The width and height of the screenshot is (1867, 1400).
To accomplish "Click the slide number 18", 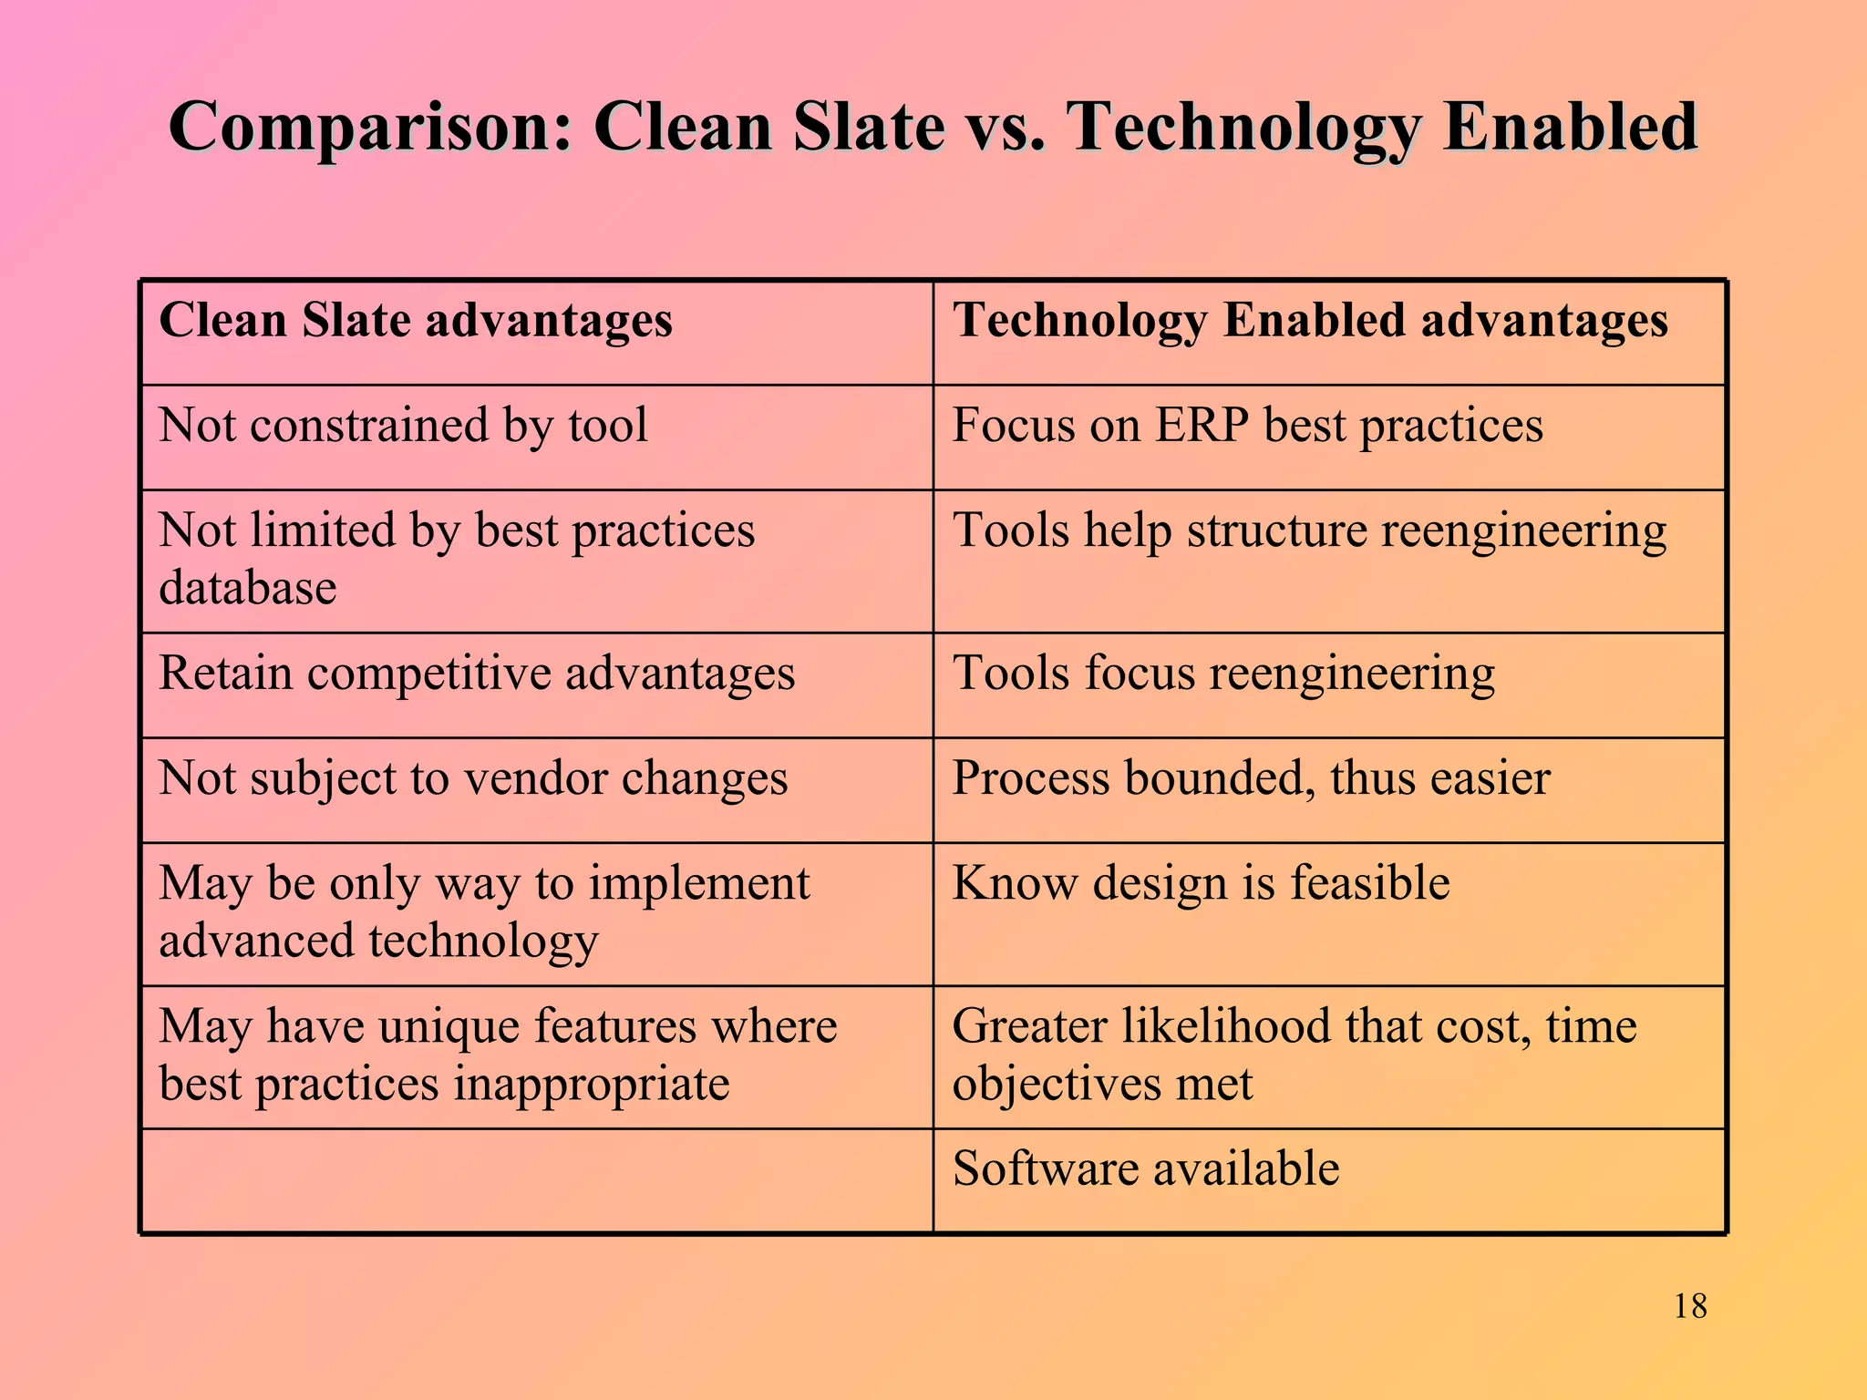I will point(1690,1306).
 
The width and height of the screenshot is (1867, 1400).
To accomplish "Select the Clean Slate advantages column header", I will point(416,321).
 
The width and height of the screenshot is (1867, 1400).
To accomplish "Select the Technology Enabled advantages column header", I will point(1310,321).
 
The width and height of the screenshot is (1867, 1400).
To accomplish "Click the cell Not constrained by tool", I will point(403,426).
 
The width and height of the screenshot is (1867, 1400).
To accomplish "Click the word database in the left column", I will point(248,588).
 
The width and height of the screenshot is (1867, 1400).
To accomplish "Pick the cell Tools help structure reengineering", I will point(1309,530).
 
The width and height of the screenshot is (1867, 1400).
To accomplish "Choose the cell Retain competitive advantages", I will point(477,674).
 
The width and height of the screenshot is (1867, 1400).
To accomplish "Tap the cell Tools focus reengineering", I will point(1223,674).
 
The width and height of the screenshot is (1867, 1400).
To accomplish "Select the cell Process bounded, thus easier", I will point(1251,779).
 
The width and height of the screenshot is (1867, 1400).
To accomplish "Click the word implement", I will point(699,884).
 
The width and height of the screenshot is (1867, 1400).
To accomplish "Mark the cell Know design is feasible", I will point(1201,883).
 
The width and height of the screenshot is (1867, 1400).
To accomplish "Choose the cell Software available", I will point(1145,1169).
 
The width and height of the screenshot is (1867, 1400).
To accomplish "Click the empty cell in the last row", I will point(537,1181).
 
